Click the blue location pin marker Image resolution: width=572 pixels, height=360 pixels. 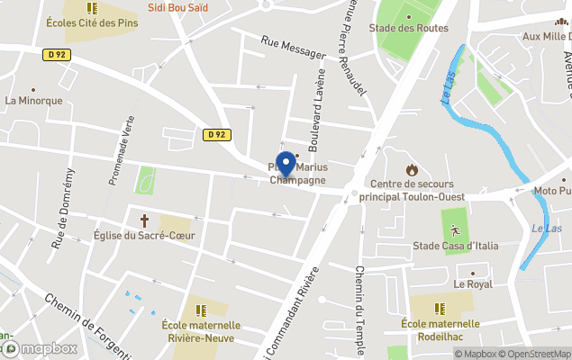(x=286, y=165)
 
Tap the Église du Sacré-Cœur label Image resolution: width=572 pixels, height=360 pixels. (x=144, y=236)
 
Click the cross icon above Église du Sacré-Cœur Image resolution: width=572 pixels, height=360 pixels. (x=143, y=220)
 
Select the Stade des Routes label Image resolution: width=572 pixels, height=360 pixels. (x=408, y=28)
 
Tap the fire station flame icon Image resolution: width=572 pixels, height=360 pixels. (x=412, y=168)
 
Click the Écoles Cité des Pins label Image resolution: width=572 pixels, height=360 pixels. (x=93, y=22)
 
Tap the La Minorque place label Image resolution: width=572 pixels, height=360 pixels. (x=34, y=101)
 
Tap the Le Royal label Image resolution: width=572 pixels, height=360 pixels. (x=473, y=283)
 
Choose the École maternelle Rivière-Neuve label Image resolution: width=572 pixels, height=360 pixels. (x=201, y=331)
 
